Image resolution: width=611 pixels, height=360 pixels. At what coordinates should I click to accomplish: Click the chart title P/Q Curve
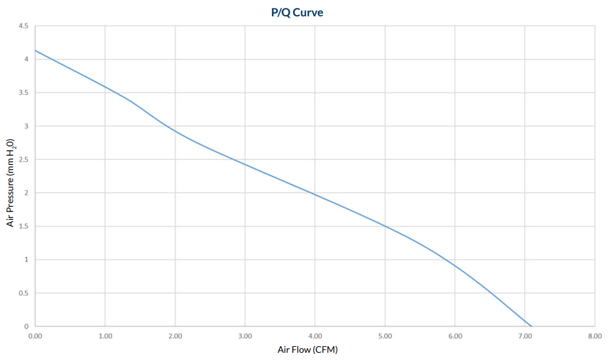(297, 12)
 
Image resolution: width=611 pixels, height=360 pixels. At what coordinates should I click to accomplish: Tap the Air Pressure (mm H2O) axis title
(10, 182)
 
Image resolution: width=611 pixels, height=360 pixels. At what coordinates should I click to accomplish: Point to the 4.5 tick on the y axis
(23, 26)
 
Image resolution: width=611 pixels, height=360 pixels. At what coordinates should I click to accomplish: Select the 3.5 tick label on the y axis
(23, 93)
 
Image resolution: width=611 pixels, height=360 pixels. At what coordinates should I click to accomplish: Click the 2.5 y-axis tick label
(23, 160)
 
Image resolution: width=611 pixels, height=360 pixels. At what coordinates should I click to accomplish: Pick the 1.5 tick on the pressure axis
(23, 226)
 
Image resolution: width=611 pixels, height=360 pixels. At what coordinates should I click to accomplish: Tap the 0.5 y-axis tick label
(23, 293)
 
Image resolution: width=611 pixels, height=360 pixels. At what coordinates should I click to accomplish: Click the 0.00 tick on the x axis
(35, 336)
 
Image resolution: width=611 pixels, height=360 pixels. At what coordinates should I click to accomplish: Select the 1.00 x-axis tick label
(105, 336)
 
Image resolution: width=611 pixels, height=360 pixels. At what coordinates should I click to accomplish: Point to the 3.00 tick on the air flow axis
(245, 336)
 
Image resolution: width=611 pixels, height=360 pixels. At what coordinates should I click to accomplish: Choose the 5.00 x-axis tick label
(385, 336)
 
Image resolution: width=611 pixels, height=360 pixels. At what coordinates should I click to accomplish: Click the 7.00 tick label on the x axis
(525, 336)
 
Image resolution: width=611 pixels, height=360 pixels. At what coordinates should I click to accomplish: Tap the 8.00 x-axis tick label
(594, 336)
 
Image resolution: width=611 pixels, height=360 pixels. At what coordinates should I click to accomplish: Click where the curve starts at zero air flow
(35, 50)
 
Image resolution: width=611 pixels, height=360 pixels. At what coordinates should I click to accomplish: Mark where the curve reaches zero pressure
(531, 326)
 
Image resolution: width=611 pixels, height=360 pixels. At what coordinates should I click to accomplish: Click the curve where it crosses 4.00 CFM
(315, 194)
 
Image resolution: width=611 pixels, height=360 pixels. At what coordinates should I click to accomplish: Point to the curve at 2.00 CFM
(175, 131)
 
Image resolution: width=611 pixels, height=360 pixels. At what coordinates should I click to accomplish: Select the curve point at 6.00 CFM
(455, 265)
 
